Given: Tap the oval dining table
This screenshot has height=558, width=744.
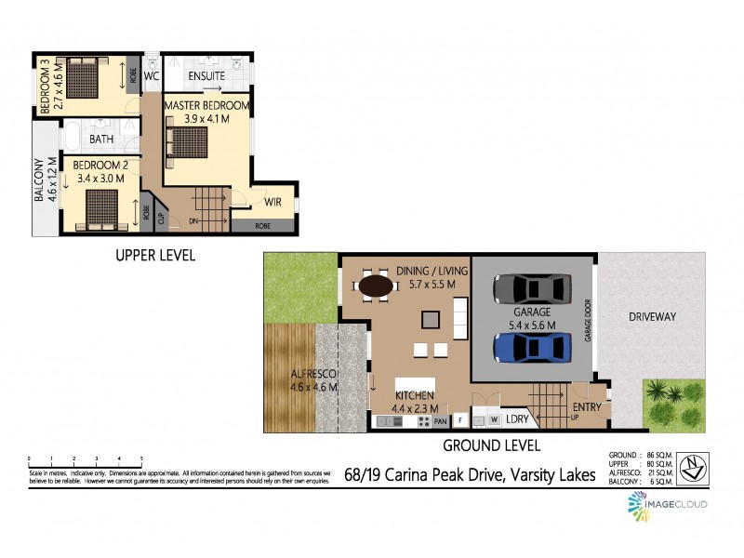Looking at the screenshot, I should [x=376, y=286].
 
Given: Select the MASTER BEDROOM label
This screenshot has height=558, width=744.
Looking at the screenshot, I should [x=206, y=106].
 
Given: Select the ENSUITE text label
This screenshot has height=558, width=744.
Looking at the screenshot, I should [x=206, y=75].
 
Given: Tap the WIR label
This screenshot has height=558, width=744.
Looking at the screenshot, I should [x=272, y=202].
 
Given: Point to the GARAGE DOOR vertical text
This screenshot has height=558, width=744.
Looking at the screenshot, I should [x=588, y=321].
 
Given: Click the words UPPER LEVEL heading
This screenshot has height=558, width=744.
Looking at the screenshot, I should [x=154, y=255].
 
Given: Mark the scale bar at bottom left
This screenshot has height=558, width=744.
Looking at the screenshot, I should [x=85, y=459].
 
